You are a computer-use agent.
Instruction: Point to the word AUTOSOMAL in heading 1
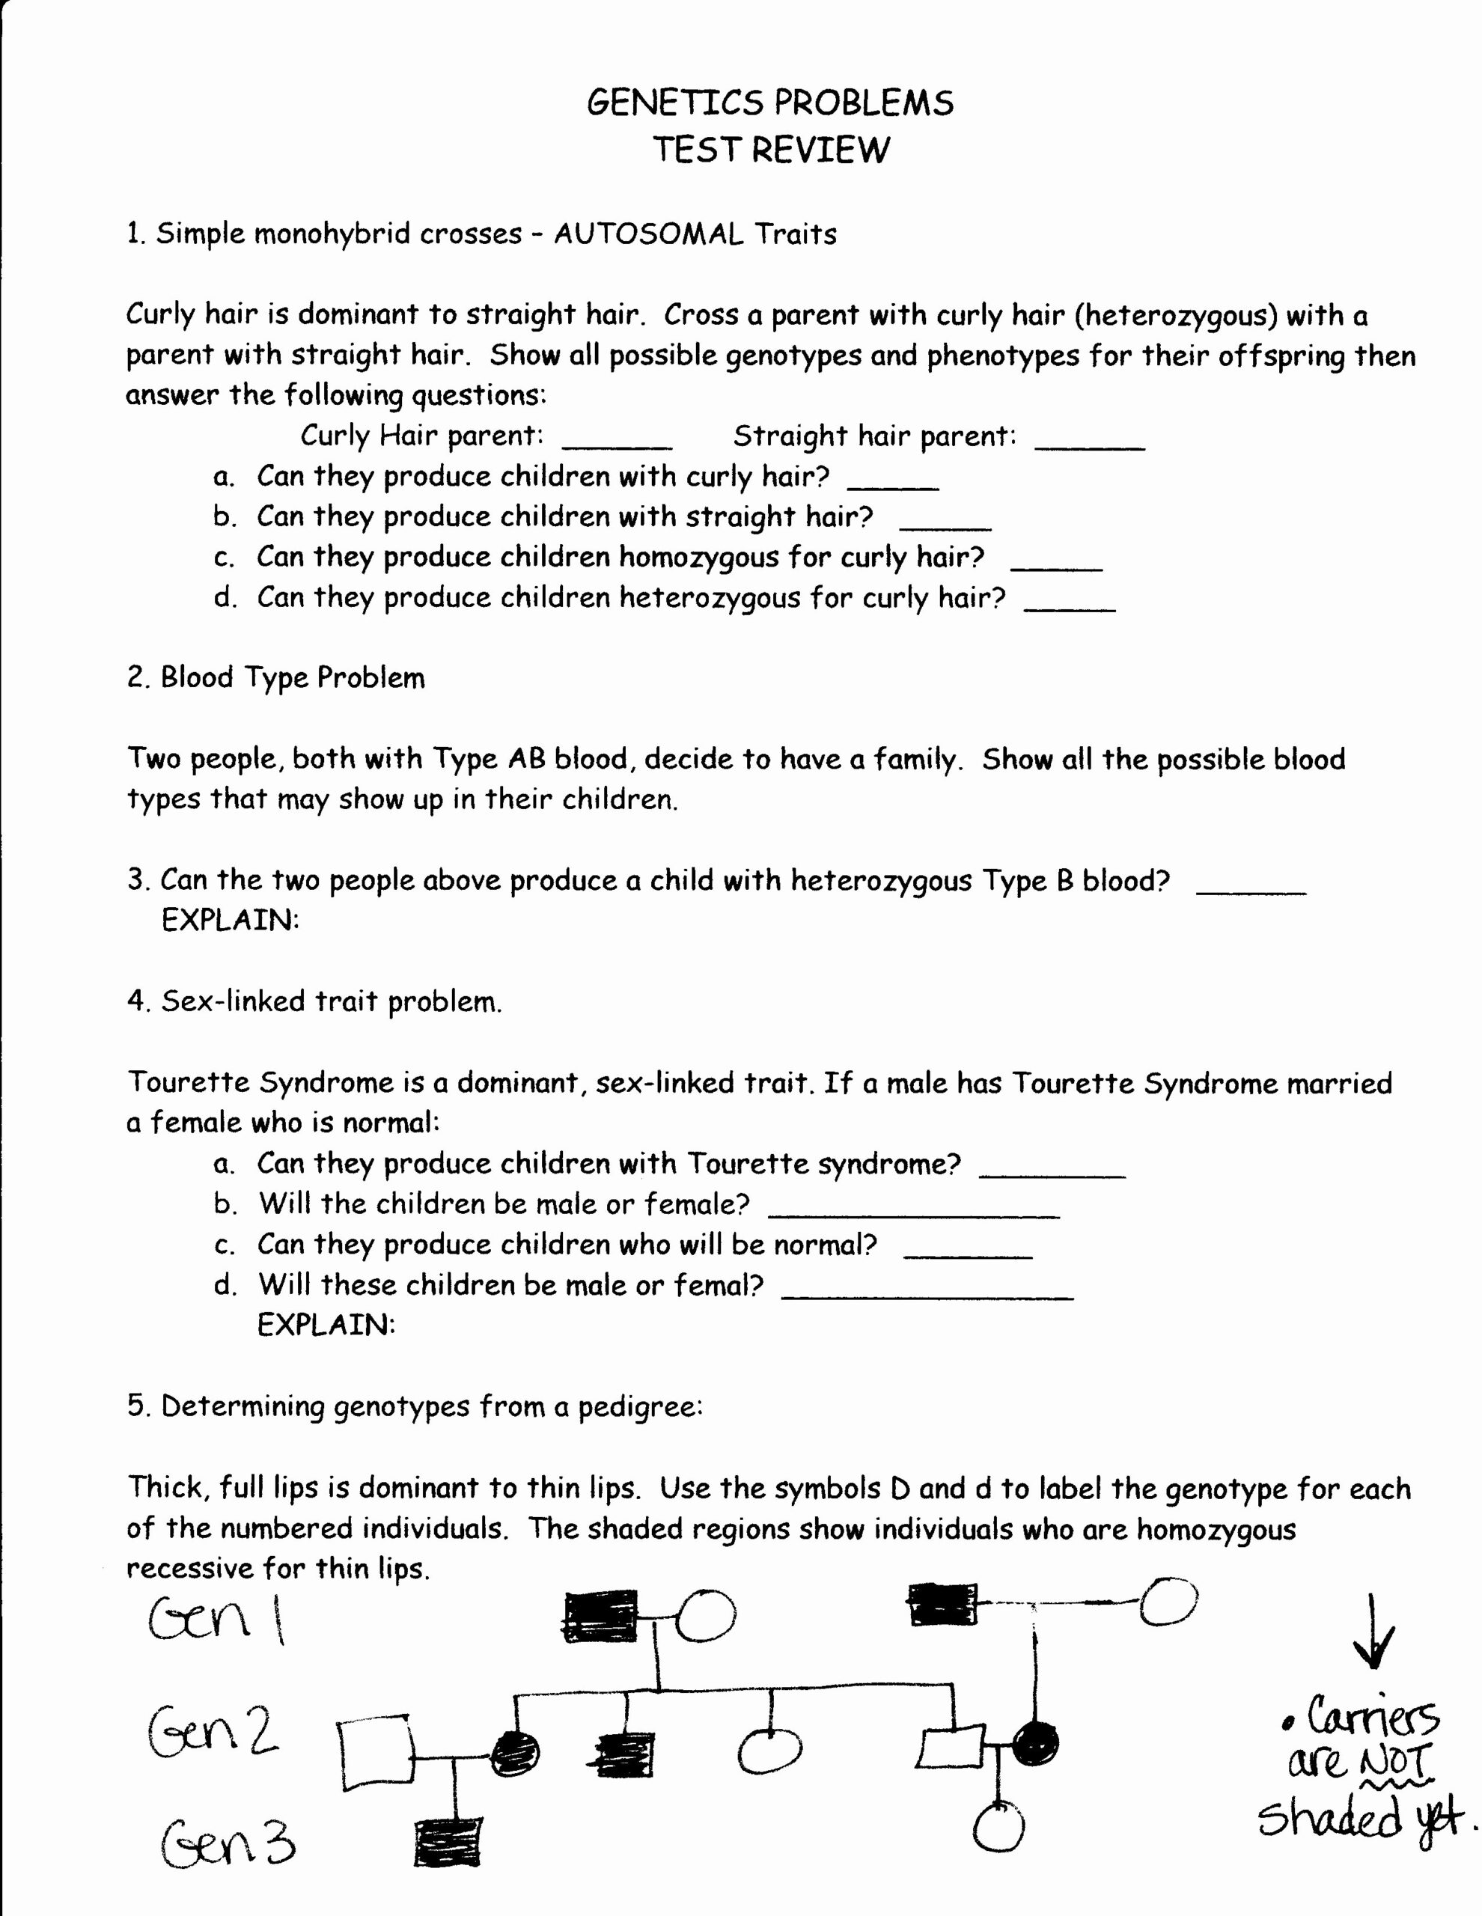click(x=647, y=234)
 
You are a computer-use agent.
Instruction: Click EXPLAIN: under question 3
click(x=230, y=921)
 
